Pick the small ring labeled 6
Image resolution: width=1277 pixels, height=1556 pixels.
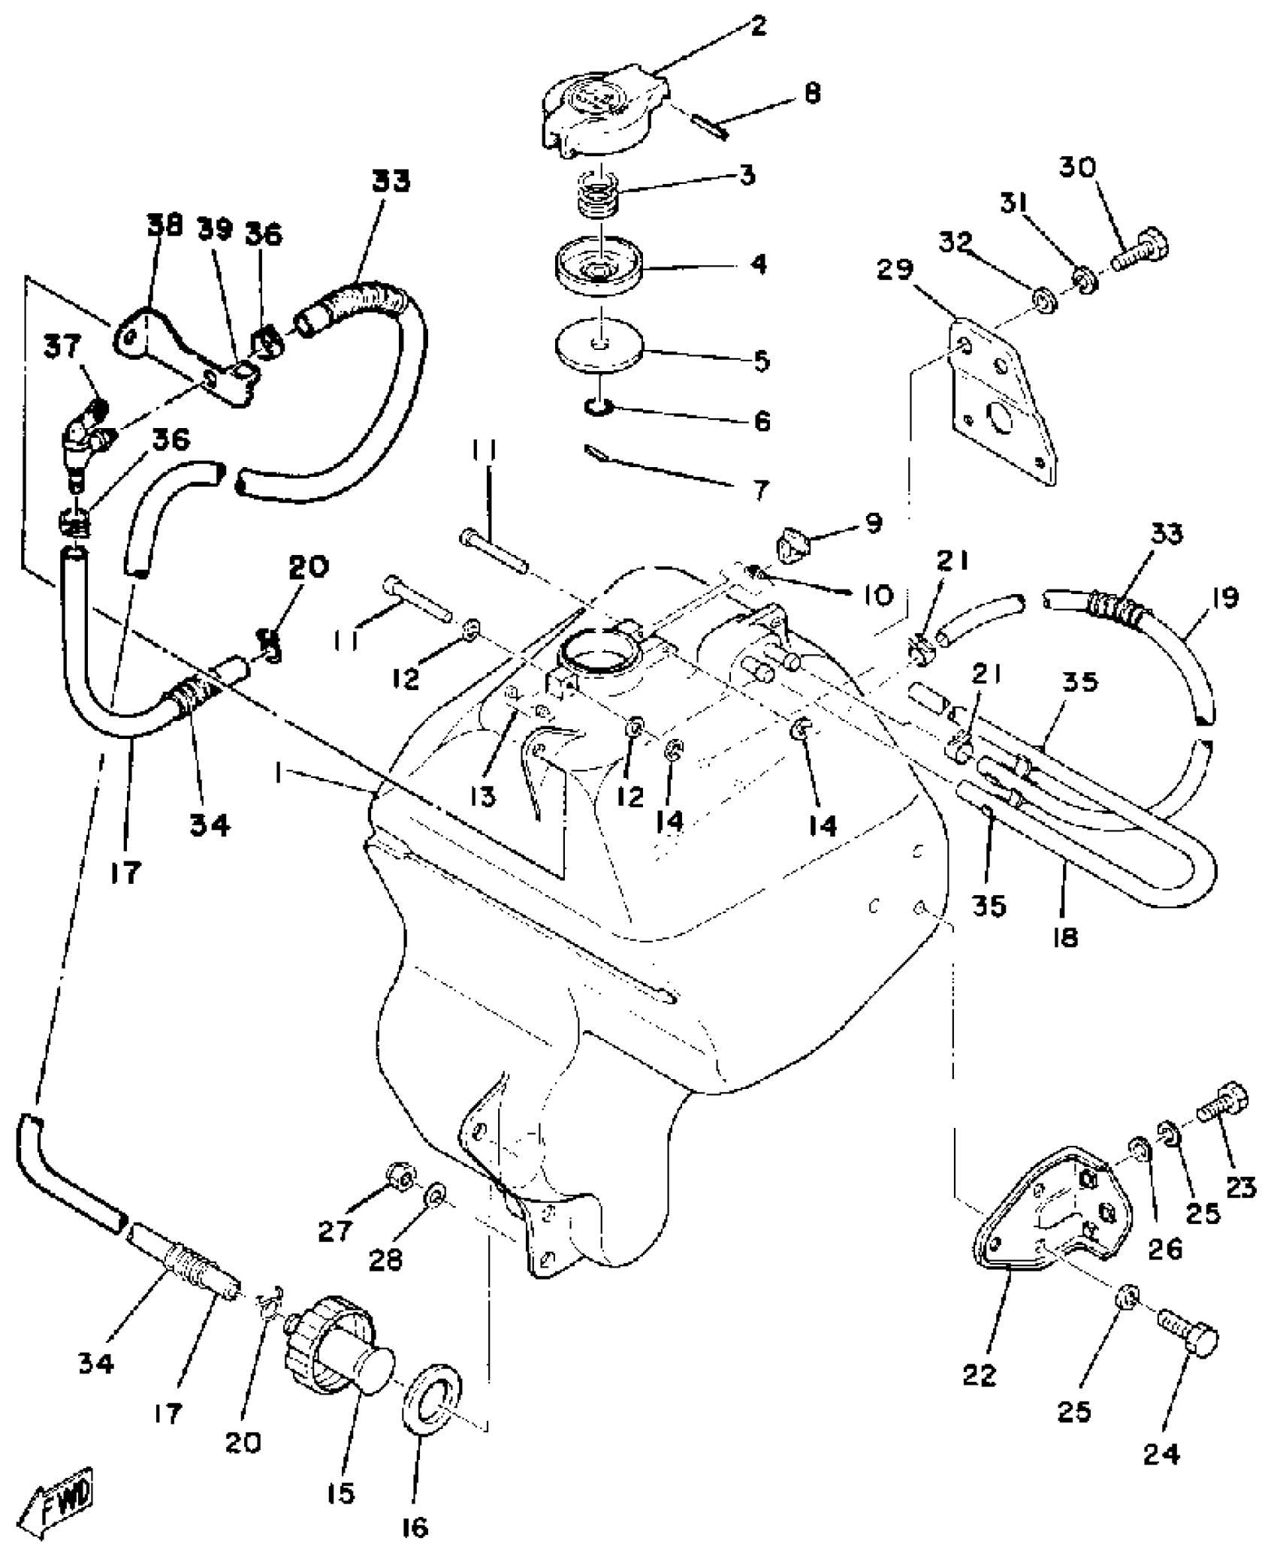599,408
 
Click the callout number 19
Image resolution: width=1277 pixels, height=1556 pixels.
1224,598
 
